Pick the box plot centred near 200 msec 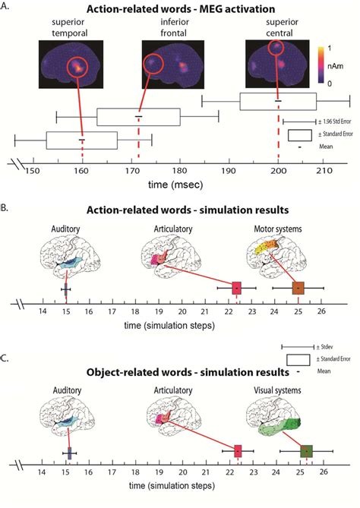point(278,100)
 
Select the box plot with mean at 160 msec point(81,140)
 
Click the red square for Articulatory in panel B point(237,289)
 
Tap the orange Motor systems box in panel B point(298,289)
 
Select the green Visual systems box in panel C point(306,451)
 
